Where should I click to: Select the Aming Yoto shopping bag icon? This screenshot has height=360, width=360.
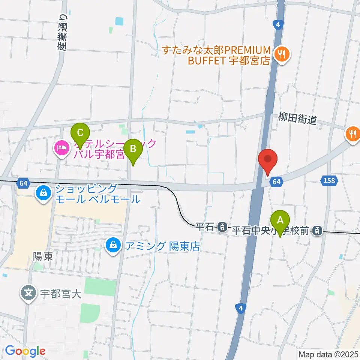point(112,246)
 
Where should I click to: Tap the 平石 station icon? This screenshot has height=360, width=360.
point(223,226)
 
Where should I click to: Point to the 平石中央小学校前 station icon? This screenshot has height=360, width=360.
point(317,230)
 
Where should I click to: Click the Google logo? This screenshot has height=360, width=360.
point(25,351)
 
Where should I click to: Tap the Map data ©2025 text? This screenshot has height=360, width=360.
point(328,354)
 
